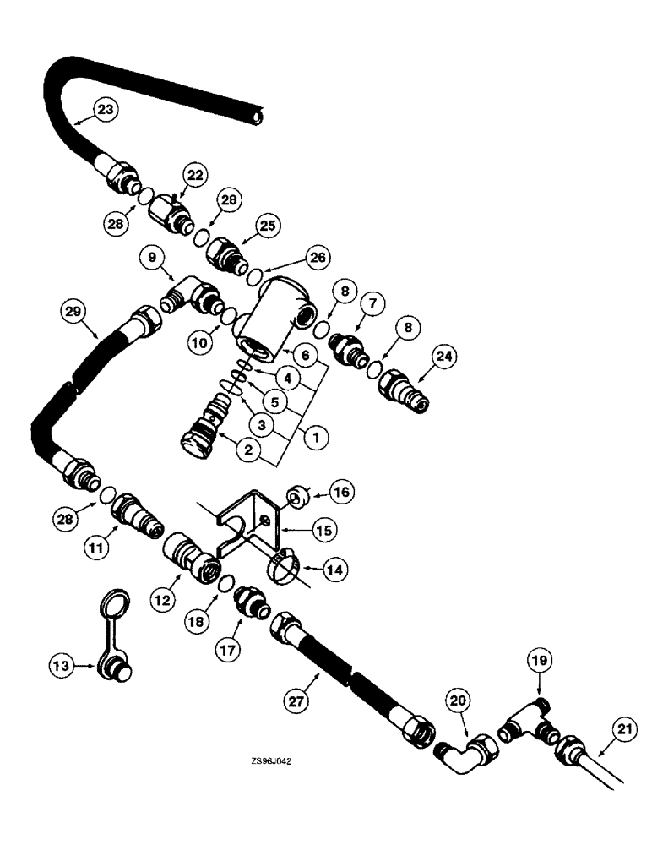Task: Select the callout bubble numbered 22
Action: [195, 175]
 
